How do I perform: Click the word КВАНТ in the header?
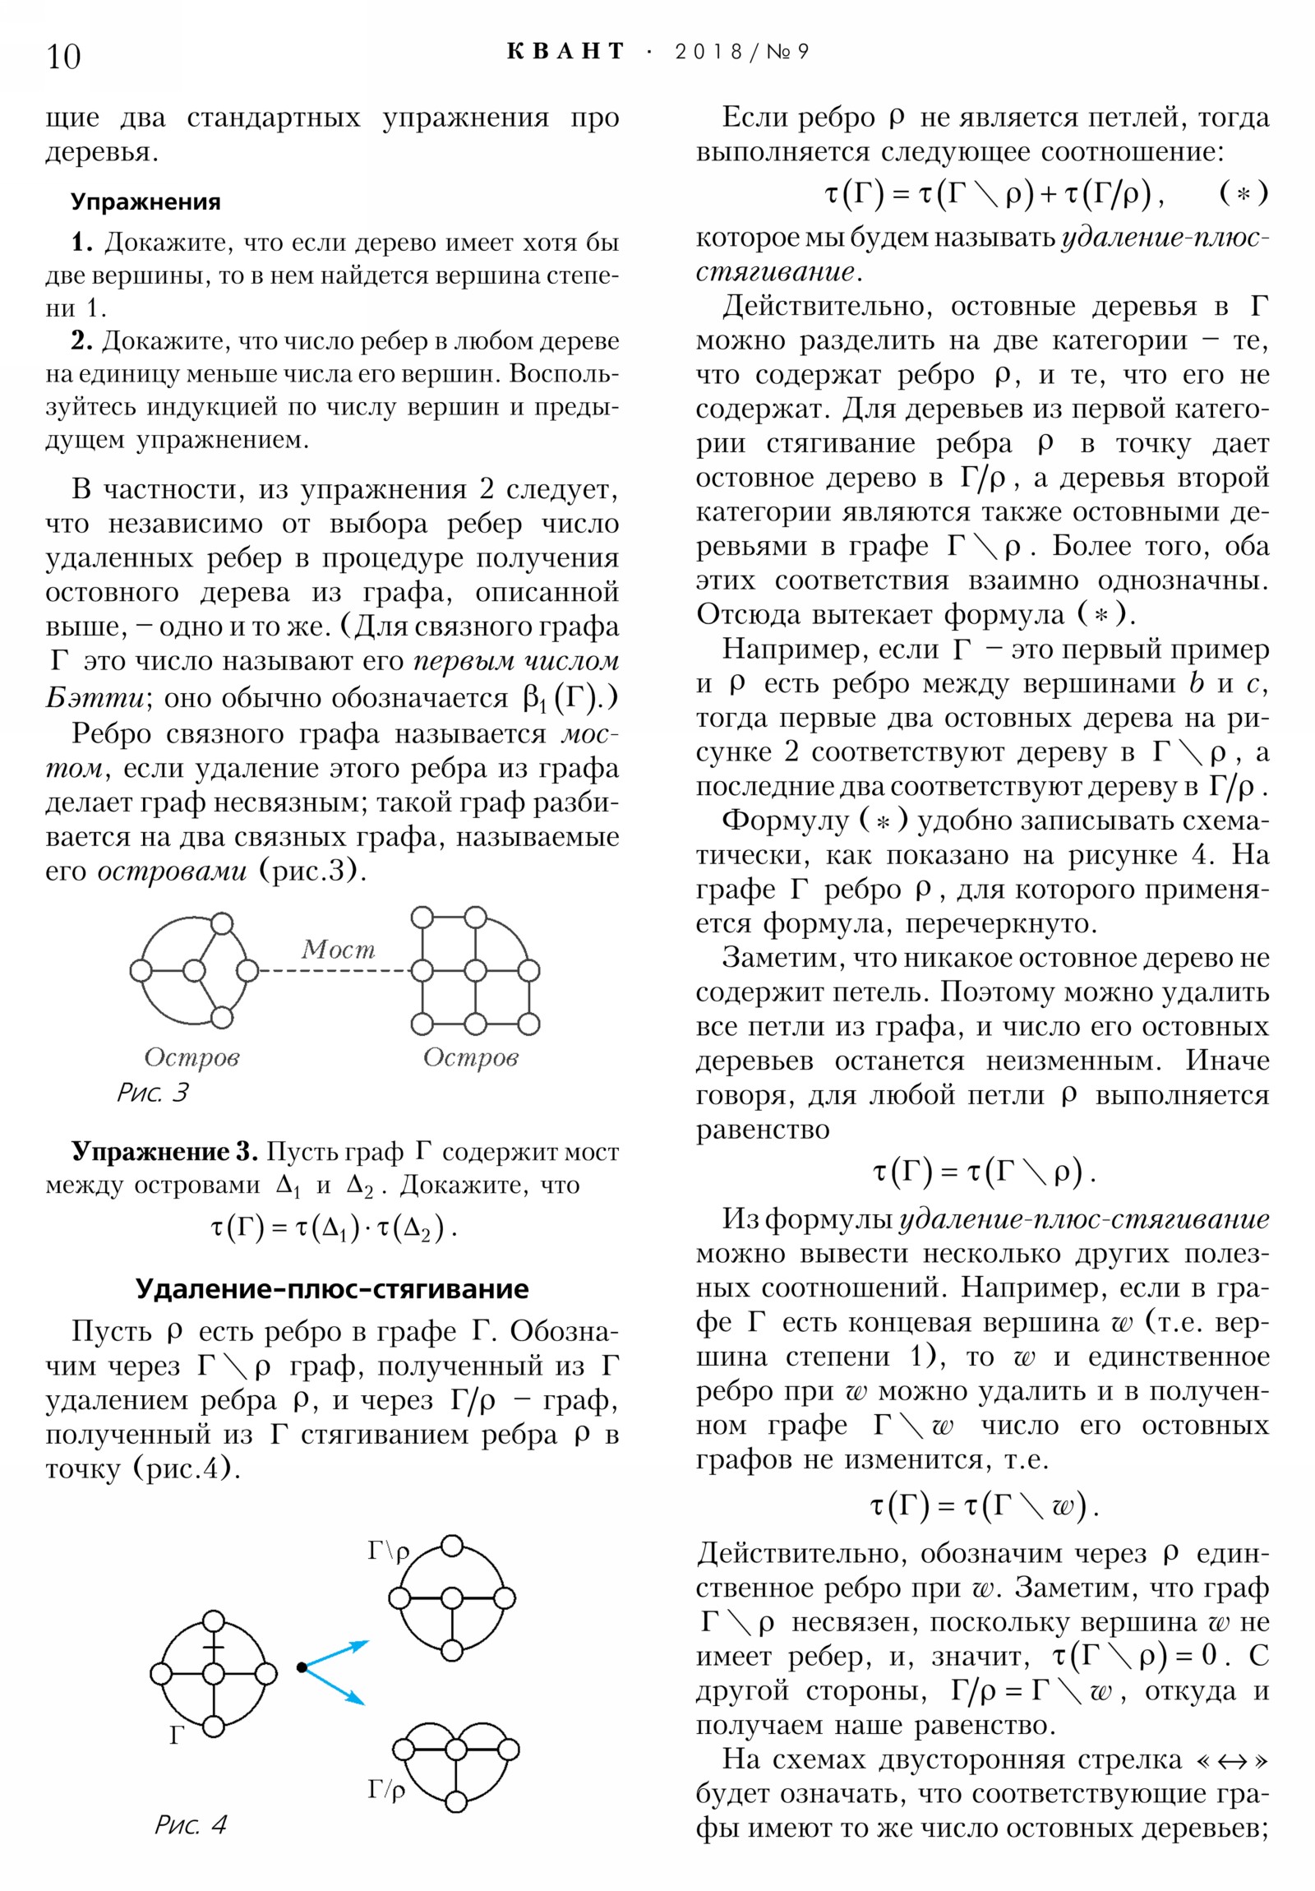tap(565, 52)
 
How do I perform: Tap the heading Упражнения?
tap(145, 201)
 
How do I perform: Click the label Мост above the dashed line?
tap(338, 950)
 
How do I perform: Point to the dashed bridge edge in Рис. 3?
tap(334, 971)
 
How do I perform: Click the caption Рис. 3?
tap(152, 1093)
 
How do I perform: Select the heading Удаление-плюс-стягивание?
tap(332, 1288)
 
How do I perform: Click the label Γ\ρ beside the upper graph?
tap(388, 1552)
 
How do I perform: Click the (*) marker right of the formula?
tap(1243, 194)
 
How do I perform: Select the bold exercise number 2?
tap(81, 340)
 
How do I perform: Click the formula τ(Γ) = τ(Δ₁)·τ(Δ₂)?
tap(333, 1228)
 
